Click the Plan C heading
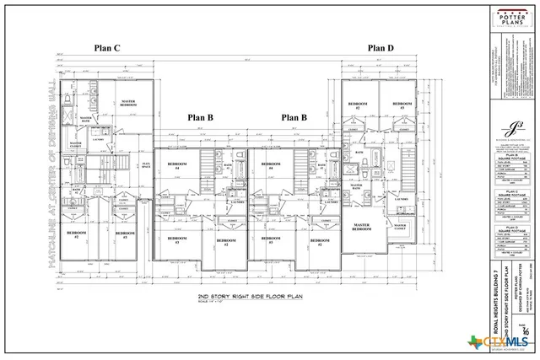[107, 49]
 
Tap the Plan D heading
[380, 49]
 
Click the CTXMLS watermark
[505, 343]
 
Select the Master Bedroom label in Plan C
[128, 103]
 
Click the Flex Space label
[145, 165]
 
